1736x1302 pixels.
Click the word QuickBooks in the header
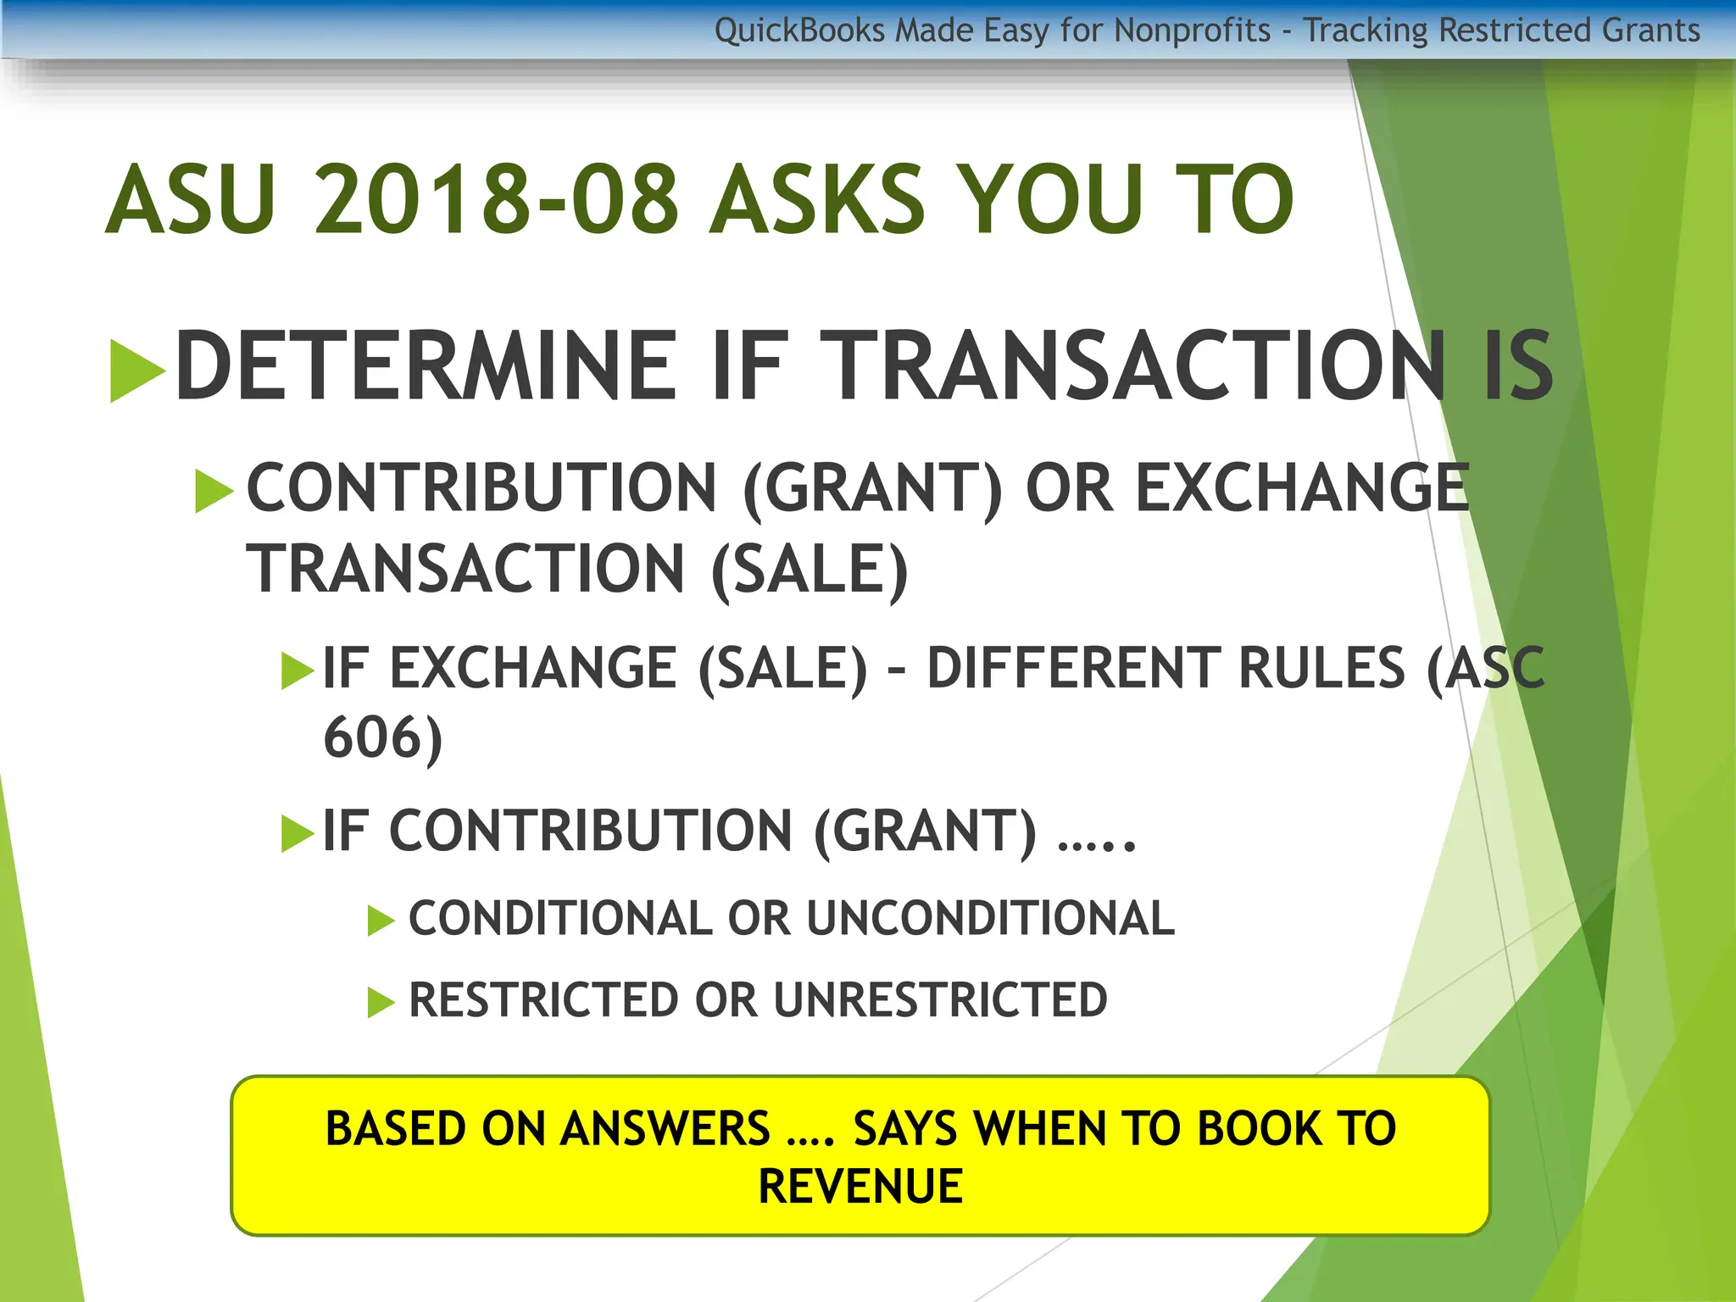pos(799,31)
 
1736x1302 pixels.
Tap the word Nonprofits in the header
pos(1192,31)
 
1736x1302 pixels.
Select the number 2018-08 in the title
pos(496,200)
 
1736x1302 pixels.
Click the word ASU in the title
pos(191,200)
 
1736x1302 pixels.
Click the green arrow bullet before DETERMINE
pos(136,370)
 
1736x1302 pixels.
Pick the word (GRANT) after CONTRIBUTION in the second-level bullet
pos(873,489)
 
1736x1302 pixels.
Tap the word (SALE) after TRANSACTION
pos(810,570)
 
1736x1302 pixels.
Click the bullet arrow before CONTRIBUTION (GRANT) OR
pos(214,491)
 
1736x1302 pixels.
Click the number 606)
pos(383,737)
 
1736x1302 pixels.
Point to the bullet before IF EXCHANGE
pos(297,670)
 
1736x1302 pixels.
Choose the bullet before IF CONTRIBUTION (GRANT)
pos(297,832)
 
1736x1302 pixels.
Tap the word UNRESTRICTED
pos(940,1000)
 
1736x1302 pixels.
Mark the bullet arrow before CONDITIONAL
pos(381,921)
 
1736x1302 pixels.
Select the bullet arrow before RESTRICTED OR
pos(381,1003)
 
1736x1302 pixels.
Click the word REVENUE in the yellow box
pos(860,1186)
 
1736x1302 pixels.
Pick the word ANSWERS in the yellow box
pos(665,1129)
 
